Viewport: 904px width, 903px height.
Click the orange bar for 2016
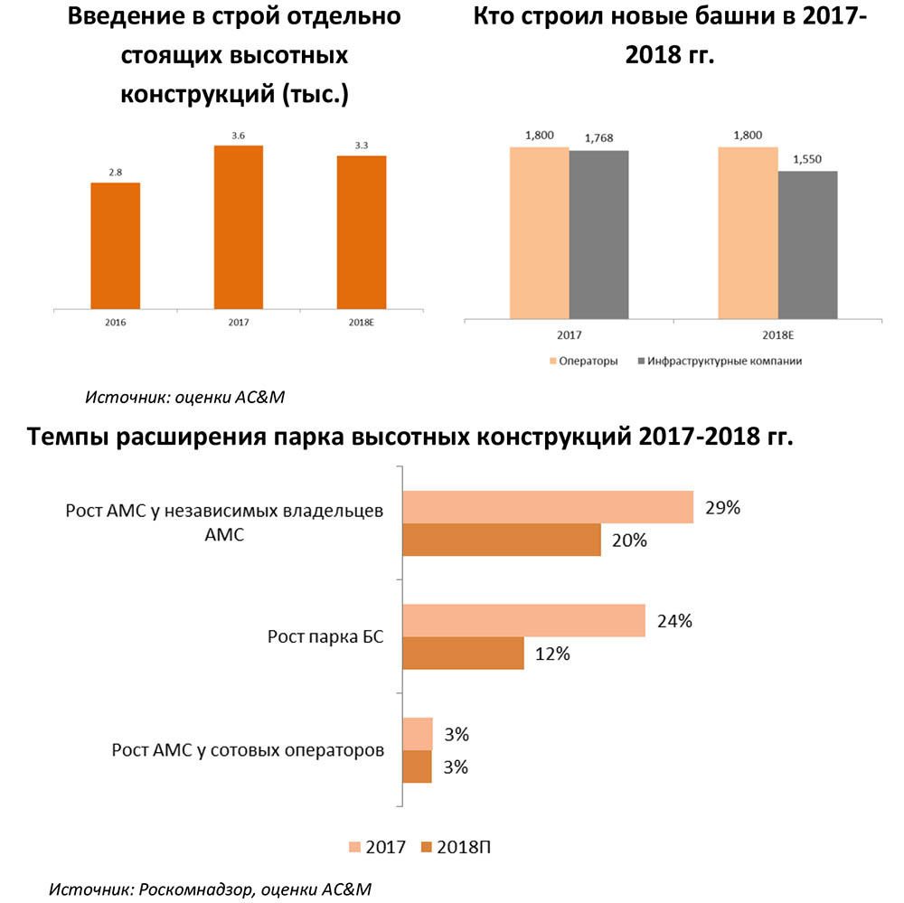[116, 246]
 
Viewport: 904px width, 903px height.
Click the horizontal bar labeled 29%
[547, 507]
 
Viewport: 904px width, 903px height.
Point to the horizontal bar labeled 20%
[501, 540]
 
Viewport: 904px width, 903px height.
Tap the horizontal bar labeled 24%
[523, 621]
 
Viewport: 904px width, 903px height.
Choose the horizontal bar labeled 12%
[462, 653]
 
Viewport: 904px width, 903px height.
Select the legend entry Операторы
[583, 362]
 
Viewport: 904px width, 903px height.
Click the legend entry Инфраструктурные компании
[720, 362]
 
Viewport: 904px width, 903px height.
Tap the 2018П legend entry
[457, 847]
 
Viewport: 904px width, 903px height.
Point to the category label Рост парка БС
[325, 636]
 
